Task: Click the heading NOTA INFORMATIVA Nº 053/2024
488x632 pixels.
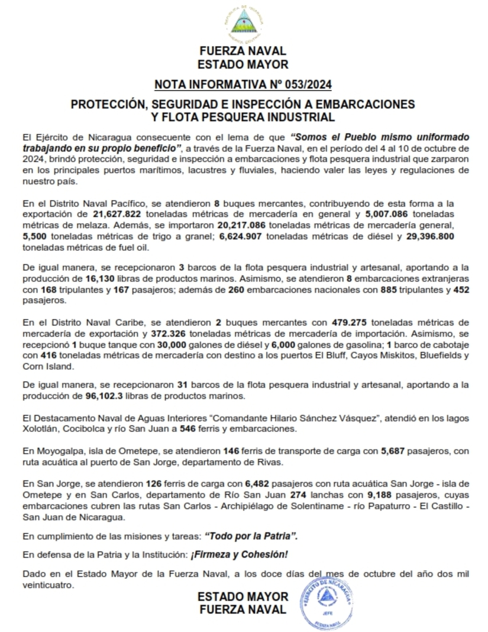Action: click(243, 83)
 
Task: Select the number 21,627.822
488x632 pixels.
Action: click(117, 214)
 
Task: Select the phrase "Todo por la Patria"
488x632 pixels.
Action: click(251, 536)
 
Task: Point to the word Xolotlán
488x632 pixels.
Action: click(40, 428)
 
